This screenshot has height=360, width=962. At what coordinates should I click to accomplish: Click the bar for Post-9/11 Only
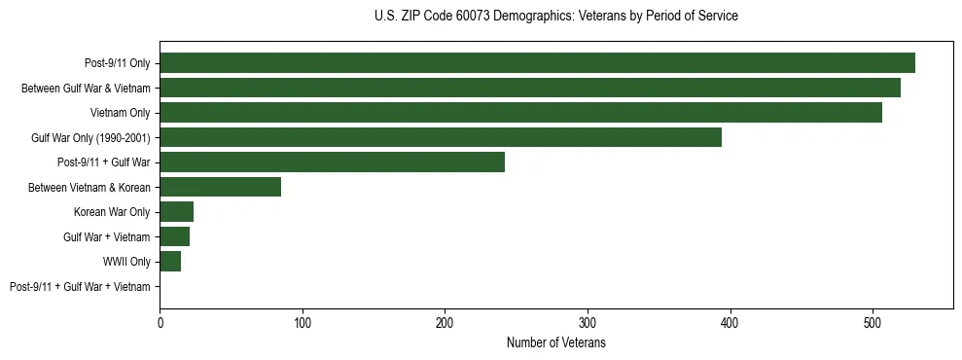tap(537, 63)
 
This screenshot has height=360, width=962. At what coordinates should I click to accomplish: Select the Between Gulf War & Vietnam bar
tap(530, 88)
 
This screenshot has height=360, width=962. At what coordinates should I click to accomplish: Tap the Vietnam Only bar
tap(520, 113)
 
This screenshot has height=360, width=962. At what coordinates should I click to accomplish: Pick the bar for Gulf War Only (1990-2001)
tap(441, 137)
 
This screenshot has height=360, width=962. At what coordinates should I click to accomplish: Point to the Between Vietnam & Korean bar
tap(220, 187)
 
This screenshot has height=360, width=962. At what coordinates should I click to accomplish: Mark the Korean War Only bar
tap(176, 212)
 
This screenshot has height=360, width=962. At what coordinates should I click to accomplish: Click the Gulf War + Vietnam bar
tap(174, 236)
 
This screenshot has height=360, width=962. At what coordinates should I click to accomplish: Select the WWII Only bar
tap(170, 262)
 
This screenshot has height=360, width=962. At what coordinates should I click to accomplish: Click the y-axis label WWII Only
tap(126, 262)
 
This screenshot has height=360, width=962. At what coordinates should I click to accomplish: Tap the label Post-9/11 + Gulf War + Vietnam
tap(80, 287)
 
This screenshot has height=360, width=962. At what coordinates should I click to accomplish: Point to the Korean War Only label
tap(112, 212)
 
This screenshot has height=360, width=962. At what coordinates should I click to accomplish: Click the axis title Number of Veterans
tap(556, 342)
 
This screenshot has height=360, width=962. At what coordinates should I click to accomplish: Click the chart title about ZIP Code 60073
tap(556, 17)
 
